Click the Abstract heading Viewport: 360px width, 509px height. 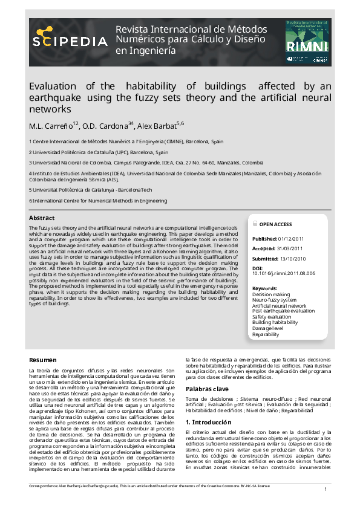coord(42,218)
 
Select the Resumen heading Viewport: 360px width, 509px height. coord(43,360)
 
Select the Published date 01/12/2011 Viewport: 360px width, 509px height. coord(292,239)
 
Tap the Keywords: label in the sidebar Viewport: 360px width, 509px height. coord(264,288)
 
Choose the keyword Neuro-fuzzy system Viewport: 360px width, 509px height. coord(274,300)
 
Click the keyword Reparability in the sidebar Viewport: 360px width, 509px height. coord(266,334)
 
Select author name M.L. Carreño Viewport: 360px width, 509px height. coord(51,126)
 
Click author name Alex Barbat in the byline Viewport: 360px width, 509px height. coord(155,126)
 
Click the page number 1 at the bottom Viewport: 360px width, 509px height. coord(326,489)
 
